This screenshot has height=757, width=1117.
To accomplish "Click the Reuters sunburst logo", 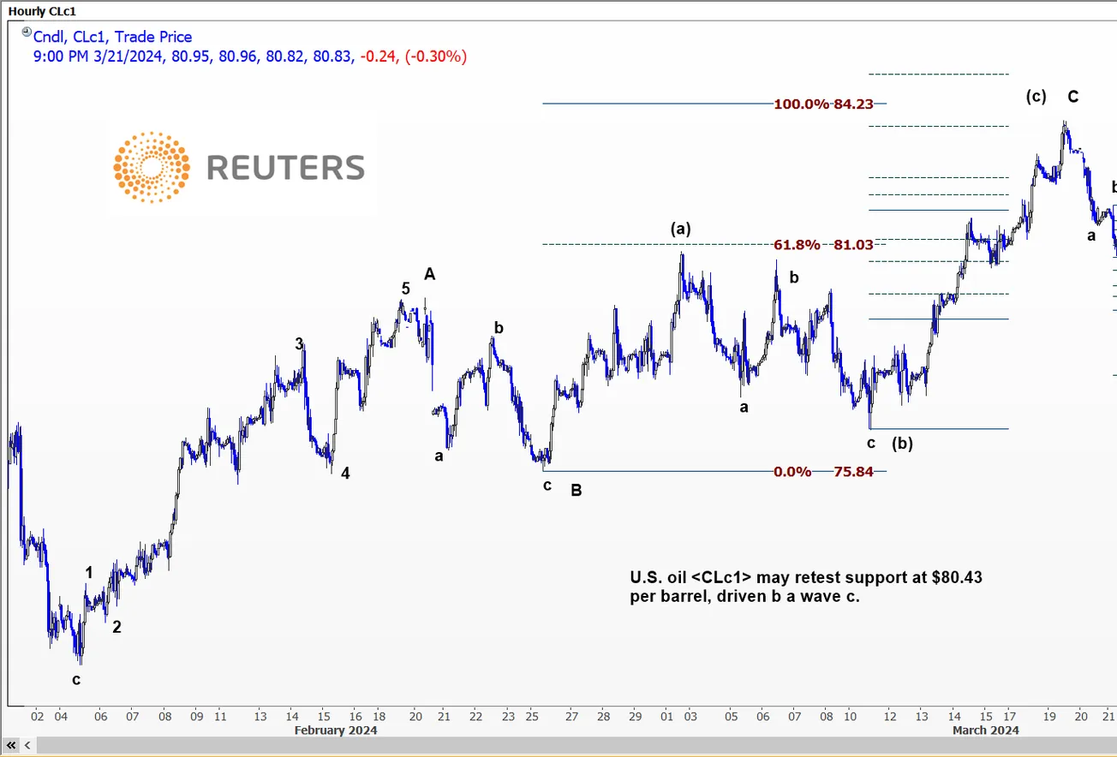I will pyautogui.click(x=152, y=168).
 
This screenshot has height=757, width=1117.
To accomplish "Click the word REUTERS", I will pyautogui.click(x=285, y=168).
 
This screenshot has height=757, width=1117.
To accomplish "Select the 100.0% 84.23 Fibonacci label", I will pyautogui.click(x=823, y=104).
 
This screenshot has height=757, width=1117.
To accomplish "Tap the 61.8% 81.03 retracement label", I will pyautogui.click(x=823, y=245).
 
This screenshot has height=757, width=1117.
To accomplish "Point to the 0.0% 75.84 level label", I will pyautogui.click(x=823, y=472).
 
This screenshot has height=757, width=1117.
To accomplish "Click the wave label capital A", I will pyautogui.click(x=430, y=274).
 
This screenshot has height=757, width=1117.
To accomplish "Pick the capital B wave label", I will pyautogui.click(x=576, y=491).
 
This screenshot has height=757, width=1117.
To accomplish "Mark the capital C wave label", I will pyautogui.click(x=1072, y=97).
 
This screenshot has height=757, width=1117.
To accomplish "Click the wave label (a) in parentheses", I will pyautogui.click(x=681, y=229).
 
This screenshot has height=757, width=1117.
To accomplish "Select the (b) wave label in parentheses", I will pyautogui.click(x=902, y=444).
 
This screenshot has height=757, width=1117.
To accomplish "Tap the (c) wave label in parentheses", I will pyautogui.click(x=1036, y=97).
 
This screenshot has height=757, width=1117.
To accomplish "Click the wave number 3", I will pyautogui.click(x=299, y=343).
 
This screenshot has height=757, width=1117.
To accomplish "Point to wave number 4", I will pyautogui.click(x=345, y=473).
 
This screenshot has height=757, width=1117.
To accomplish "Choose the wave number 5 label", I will pyautogui.click(x=406, y=289).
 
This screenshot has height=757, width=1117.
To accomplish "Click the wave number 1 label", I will pyautogui.click(x=89, y=572).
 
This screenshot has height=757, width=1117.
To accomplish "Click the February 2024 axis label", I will pyautogui.click(x=336, y=730).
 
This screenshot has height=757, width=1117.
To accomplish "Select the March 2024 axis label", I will pyautogui.click(x=986, y=730).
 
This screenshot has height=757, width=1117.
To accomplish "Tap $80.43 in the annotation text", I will pyautogui.click(x=957, y=578).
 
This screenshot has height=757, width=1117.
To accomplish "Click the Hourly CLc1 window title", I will pyautogui.click(x=42, y=11).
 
